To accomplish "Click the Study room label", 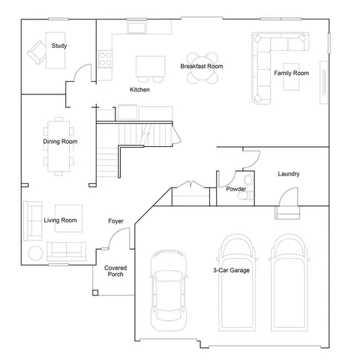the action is point(59,46).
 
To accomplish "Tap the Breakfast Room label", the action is point(202,66).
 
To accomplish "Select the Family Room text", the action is point(292,73).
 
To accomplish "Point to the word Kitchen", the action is point(139,89).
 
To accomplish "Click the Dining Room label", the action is point(60,142).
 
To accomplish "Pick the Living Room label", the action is point(61,220).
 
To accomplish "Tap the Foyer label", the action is point(115,221).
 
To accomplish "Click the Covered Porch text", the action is point(115,271).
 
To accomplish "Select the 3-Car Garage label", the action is point(232,270).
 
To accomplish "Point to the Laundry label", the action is point(289,174).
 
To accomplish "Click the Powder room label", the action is point(236,189).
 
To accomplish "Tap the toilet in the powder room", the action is point(245,195).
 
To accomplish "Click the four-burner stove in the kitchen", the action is point(105,59).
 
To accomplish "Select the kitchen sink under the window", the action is point(136,27).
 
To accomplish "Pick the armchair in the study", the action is point(37,52).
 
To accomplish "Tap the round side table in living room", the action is point(36,253).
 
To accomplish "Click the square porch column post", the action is point(95,292).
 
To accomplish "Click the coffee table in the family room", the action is point(291,76).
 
